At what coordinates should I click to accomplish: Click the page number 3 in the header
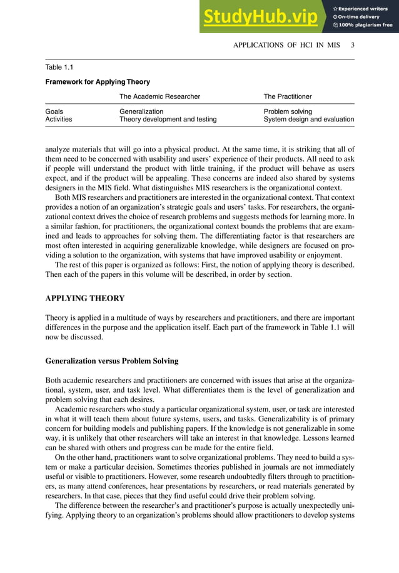[353, 45]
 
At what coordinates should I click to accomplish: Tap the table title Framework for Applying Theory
[98, 82]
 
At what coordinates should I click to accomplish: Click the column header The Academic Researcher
[159, 96]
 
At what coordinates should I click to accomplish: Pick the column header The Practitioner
[288, 96]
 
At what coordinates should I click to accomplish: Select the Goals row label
[54, 111]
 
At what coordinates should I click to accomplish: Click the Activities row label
[59, 119]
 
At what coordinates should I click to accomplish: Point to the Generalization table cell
[141, 111]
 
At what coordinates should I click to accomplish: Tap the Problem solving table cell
[288, 111]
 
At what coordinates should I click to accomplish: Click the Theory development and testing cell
[168, 119]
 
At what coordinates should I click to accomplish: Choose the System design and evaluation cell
[309, 119]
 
